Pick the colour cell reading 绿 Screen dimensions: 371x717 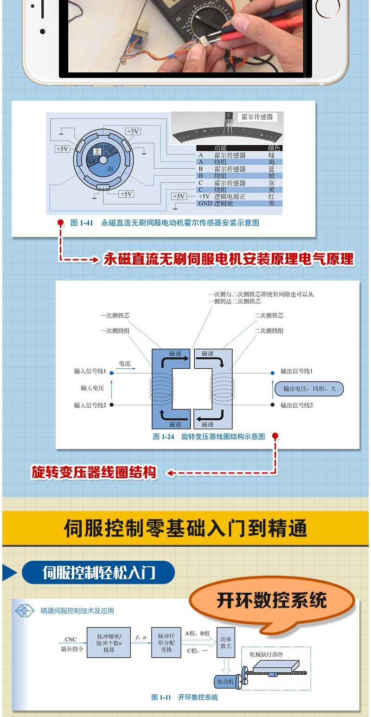point(271,155)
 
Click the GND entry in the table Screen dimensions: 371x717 point(205,204)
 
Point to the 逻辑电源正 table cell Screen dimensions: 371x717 point(230,197)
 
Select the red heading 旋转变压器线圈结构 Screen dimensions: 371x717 point(94,473)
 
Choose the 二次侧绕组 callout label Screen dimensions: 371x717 point(269,331)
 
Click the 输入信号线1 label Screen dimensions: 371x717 point(90,371)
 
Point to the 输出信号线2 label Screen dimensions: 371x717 point(296,405)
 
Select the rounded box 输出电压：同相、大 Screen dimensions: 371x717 point(309,389)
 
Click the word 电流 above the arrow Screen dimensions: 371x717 point(125,364)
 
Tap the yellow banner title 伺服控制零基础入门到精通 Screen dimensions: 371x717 point(185,528)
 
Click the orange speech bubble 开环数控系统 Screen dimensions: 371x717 point(272,601)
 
